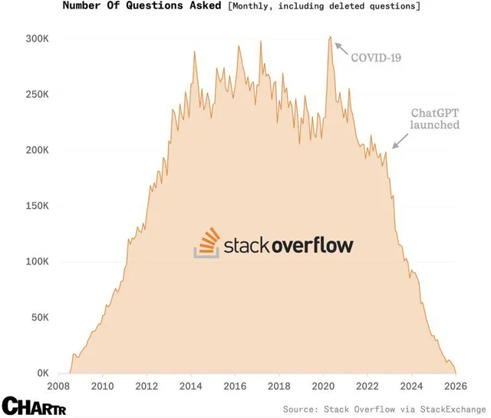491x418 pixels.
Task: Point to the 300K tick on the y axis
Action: click(37, 39)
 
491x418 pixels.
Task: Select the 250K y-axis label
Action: click(37, 95)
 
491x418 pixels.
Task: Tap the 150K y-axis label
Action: click(37, 206)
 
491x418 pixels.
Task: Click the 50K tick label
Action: click(39, 317)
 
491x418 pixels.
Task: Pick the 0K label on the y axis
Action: click(42, 373)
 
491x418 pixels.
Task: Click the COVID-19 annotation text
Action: click(376, 58)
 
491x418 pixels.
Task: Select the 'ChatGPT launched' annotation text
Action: click(434, 118)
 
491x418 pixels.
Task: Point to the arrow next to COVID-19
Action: click(340, 48)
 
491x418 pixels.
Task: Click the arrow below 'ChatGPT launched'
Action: click(399, 139)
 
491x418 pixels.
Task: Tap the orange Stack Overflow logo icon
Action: click(206, 244)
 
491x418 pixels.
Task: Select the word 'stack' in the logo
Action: click(247, 245)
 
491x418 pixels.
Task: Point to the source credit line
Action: click(384, 408)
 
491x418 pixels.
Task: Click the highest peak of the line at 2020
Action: click(330, 37)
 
